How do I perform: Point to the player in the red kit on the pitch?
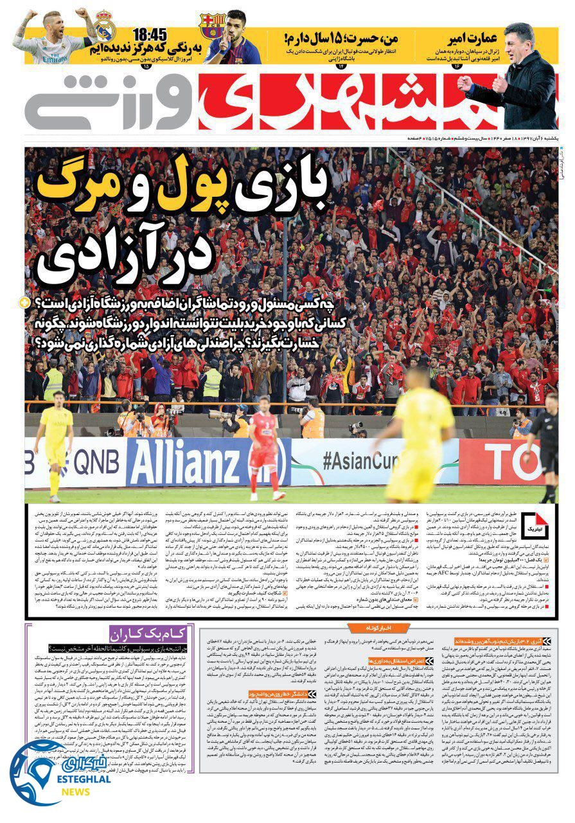265,444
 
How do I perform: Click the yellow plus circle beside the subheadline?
24,302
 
